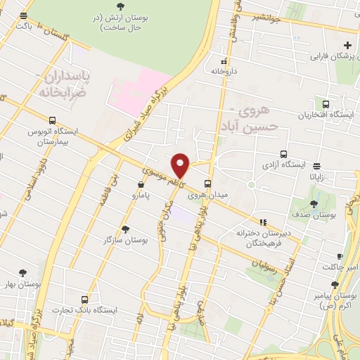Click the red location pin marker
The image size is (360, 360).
tap(181, 165)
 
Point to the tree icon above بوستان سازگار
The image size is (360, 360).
tap(126, 229)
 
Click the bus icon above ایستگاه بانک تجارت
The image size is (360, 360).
tap(86, 299)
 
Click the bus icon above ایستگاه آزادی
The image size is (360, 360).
tap(284, 154)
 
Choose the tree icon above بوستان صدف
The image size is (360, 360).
tap(314, 204)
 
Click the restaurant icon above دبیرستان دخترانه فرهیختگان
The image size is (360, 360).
tap(263, 222)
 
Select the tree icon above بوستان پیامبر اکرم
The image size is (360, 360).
tap(335, 285)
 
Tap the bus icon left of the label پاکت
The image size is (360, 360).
tap(24, 15)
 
